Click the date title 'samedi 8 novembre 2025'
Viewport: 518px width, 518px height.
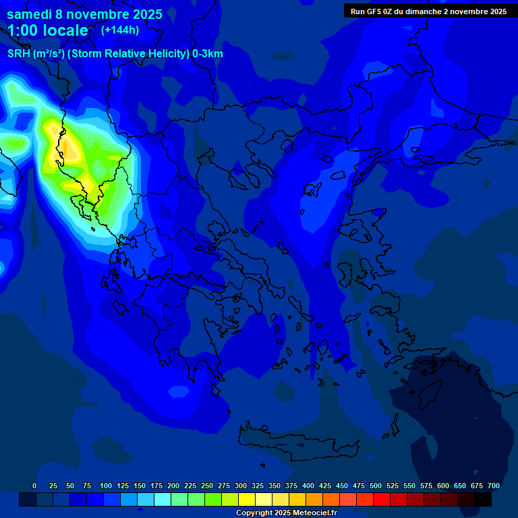(84, 14)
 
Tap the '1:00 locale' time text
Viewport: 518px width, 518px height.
(48, 30)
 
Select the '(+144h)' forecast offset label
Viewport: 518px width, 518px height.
(120, 30)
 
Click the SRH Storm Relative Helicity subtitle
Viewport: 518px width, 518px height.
(115, 54)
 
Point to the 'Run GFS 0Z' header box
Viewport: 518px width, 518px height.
(428, 11)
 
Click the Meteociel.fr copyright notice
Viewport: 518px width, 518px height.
(286, 513)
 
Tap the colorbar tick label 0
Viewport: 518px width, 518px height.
(34, 486)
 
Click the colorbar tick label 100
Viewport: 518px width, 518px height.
(106, 486)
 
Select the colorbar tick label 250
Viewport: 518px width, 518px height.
(207, 486)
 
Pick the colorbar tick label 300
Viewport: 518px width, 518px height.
(241, 486)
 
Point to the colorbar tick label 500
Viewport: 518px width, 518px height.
(376, 486)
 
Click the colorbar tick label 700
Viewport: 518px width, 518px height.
(494, 486)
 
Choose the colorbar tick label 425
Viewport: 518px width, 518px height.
(325, 486)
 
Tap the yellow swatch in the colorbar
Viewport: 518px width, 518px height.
(247, 499)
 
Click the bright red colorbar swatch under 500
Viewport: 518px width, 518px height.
(382, 499)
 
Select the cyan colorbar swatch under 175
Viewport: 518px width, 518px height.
(163, 499)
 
